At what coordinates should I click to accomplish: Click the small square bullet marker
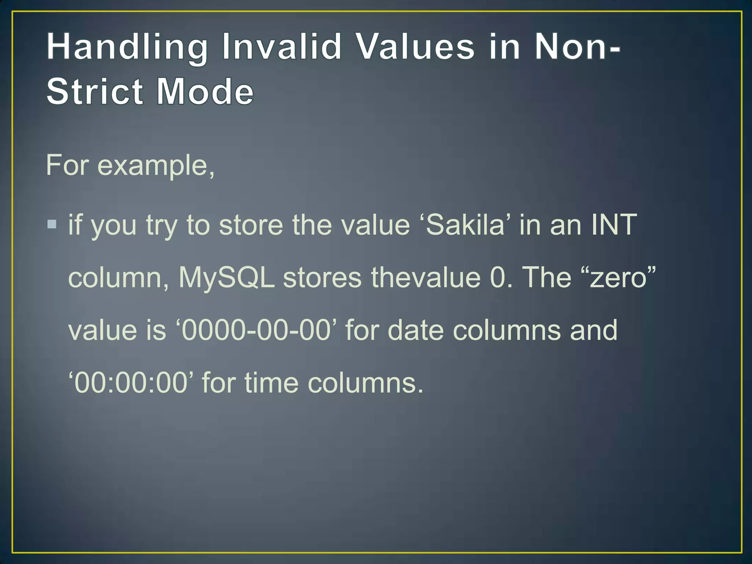52,224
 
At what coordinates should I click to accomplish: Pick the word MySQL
227,278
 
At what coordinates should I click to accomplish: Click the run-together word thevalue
426,278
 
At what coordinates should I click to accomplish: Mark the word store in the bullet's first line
251,225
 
